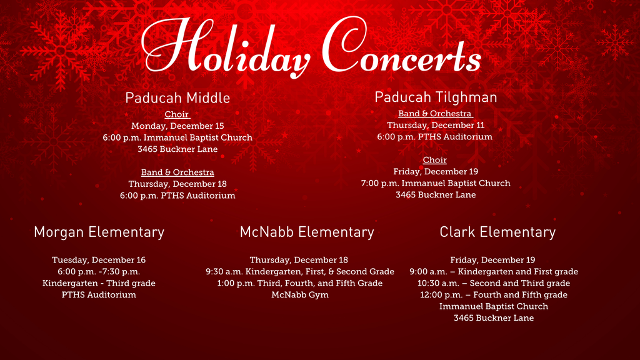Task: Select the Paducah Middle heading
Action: (177, 98)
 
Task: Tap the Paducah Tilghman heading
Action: (436, 97)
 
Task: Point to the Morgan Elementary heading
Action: (99, 232)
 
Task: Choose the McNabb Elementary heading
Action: (307, 232)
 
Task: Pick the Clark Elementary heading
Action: (497, 232)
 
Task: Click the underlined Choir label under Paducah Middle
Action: (177, 114)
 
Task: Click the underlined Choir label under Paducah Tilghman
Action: (434, 160)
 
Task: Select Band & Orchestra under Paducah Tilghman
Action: (435, 114)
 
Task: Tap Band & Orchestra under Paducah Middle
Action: (177, 172)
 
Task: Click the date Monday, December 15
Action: (177, 126)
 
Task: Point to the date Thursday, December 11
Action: (436, 125)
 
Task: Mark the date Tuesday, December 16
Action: (99, 260)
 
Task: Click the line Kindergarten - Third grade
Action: (99, 283)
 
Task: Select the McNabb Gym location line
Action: (300, 294)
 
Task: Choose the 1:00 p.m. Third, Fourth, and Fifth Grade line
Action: (300, 283)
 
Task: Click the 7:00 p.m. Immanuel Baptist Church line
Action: (436, 183)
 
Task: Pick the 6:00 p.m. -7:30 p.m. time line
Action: (99, 271)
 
